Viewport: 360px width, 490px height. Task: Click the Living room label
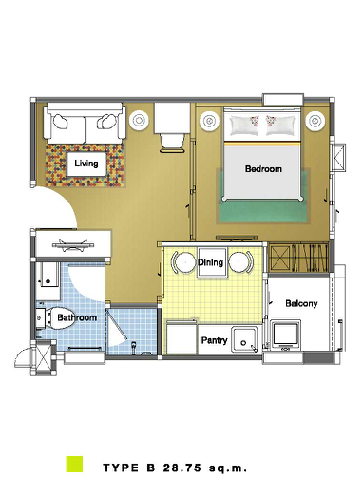click(x=86, y=163)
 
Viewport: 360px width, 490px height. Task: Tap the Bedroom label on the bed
click(x=263, y=169)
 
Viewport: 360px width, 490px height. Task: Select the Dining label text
click(x=210, y=262)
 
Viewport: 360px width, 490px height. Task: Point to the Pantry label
click(x=214, y=340)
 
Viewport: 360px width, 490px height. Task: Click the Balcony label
click(x=301, y=303)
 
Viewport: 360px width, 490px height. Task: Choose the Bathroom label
click(x=77, y=317)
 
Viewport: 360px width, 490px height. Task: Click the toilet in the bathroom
click(x=53, y=318)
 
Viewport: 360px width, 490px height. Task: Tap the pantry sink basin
click(x=245, y=339)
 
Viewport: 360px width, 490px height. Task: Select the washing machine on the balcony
click(x=285, y=334)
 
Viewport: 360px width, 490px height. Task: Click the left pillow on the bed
click(x=244, y=125)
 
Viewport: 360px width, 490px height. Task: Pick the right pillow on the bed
click(x=281, y=125)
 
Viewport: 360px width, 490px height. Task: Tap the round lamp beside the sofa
click(x=139, y=120)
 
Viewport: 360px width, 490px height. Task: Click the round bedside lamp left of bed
click(x=209, y=121)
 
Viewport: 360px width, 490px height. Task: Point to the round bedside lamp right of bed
click(x=315, y=120)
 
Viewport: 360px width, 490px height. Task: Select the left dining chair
click(x=183, y=263)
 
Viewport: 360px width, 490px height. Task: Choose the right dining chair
click(x=241, y=263)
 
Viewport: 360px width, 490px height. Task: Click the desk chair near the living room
click(x=172, y=143)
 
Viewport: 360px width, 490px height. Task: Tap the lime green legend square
click(x=75, y=464)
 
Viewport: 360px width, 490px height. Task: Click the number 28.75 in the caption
click(x=182, y=468)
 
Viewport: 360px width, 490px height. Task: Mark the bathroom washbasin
click(x=48, y=281)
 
